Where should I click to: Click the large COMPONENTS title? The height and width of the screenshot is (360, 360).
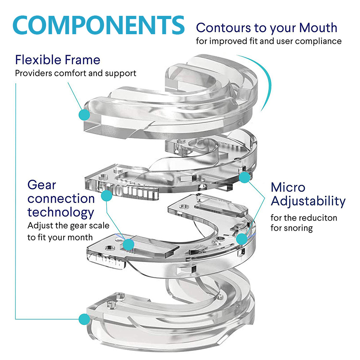click(99, 25)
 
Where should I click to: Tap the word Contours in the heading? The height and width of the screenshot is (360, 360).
click(223, 28)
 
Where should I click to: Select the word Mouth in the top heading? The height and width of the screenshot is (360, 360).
click(318, 28)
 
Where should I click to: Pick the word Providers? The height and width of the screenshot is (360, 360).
click(33, 73)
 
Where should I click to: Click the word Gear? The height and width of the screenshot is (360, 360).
click(41, 185)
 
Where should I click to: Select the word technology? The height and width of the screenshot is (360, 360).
click(61, 213)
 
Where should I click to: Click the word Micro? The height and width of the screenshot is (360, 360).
click(288, 187)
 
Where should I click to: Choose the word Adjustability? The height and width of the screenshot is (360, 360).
click(308, 202)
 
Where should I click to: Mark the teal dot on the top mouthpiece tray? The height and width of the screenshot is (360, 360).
click(84, 114)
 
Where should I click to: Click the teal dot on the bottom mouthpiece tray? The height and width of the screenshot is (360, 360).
click(84, 319)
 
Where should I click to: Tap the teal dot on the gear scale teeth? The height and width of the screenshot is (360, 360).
click(107, 195)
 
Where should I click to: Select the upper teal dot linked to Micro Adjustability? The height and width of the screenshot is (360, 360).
click(244, 177)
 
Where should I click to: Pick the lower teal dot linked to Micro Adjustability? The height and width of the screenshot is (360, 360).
click(242, 239)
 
